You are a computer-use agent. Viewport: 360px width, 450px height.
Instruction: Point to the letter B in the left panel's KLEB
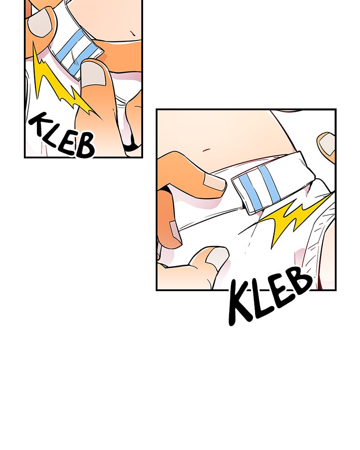point(85,145)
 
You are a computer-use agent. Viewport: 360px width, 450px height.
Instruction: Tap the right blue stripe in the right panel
point(269,184)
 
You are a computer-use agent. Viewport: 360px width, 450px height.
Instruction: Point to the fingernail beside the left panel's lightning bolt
point(93,73)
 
